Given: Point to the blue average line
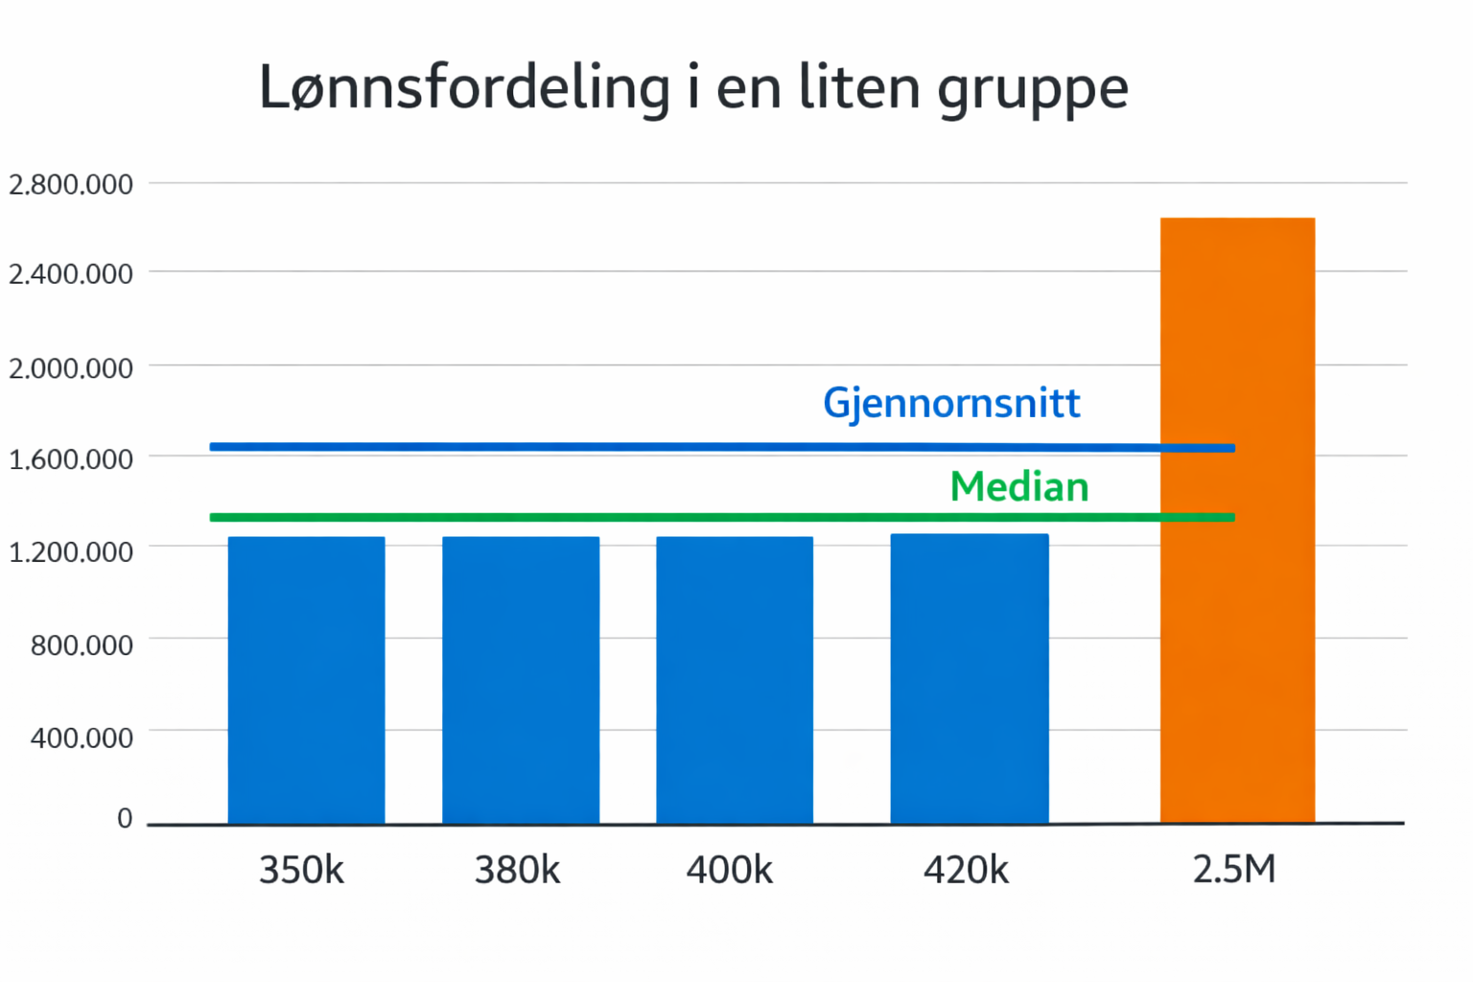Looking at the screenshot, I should (x=671, y=447).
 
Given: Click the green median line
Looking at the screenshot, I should (x=671, y=518).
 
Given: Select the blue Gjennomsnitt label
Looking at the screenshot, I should (x=951, y=403).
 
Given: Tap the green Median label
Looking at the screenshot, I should (x=1019, y=487).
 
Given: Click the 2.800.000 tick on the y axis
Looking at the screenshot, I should (x=71, y=184).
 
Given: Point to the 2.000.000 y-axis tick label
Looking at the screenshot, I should (x=71, y=368).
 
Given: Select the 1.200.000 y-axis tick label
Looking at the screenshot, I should (x=71, y=552).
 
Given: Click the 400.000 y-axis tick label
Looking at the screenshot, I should (x=82, y=737).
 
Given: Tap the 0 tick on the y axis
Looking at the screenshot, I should (x=125, y=818).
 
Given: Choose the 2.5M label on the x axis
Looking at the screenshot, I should (x=1234, y=869).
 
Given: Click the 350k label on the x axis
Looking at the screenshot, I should (x=301, y=870).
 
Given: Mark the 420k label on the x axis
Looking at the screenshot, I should (x=966, y=870).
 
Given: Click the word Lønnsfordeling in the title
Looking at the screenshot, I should (x=465, y=88).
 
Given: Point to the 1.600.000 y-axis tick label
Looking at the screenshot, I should (x=71, y=459).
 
